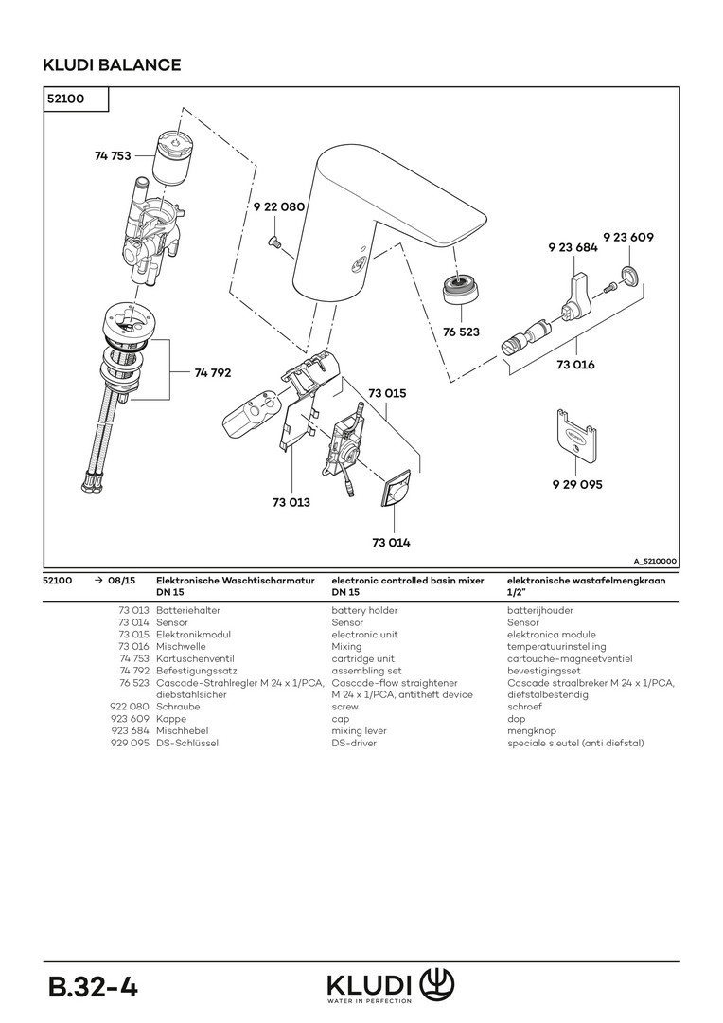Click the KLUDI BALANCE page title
pyautogui.click(x=112, y=65)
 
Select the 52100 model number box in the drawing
pyautogui.click(x=77, y=99)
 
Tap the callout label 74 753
pyautogui.click(x=113, y=155)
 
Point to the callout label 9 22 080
pyautogui.click(x=278, y=206)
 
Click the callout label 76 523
pyautogui.click(x=461, y=332)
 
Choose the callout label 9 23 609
pyautogui.click(x=628, y=237)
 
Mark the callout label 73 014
pyautogui.click(x=391, y=543)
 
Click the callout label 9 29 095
pyautogui.click(x=577, y=484)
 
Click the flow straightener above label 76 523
pyautogui.click(x=461, y=288)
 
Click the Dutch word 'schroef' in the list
pyautogui.click(x=524, y=707)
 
